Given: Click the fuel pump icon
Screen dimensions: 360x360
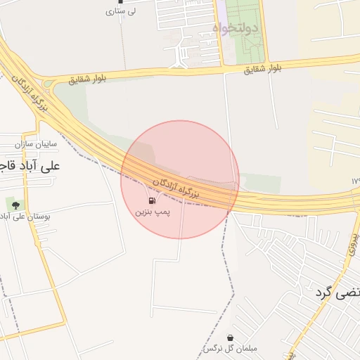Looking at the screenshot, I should (x=153, y=201).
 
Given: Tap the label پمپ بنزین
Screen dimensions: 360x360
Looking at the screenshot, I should (x=153, y=211).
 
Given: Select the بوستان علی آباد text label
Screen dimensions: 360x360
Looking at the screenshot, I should (x=28, y=216).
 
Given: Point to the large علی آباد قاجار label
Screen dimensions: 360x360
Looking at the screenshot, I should (x=32, y=166).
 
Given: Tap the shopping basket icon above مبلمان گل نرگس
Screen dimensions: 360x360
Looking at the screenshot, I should (x=230, y=338).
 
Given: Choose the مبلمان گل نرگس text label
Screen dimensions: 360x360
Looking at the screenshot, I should (x=231, y=349).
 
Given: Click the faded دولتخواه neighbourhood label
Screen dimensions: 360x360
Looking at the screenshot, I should (x=236, y=29).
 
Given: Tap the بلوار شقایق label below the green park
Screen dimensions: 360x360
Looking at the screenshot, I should (x=263, y=69).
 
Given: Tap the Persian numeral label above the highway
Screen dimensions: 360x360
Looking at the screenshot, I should (x=355, y=181).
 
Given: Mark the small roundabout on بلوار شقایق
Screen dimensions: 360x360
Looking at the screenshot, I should (x=48, y=84).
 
